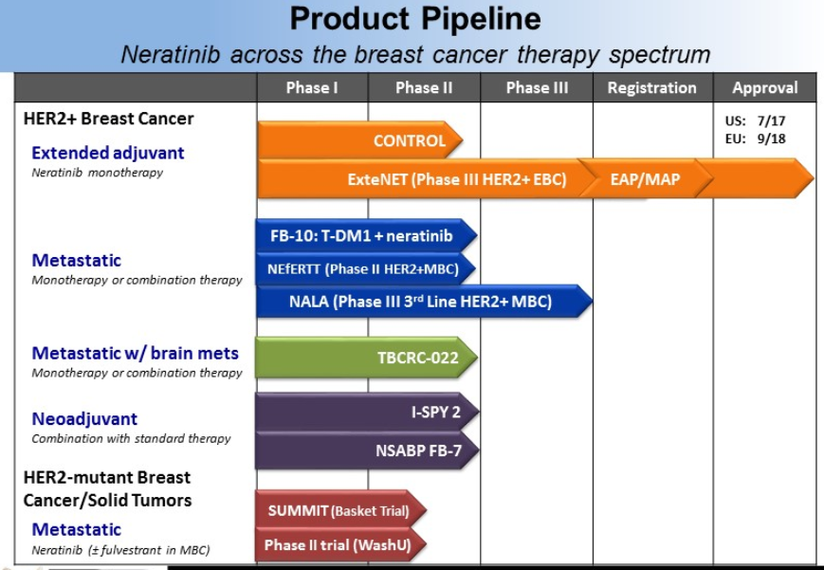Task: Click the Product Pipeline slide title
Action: pos(414,19)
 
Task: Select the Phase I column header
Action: pos(312,88)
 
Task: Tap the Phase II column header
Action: pos(423,88)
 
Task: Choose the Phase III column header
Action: pos(536,88)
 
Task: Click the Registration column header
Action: pos(651,88)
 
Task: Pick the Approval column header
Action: pos(764,88)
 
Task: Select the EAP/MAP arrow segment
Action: pos(645,179)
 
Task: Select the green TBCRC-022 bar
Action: pos(366,358)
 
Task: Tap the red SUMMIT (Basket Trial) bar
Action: pos(339,511)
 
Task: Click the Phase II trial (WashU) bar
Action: pos(339,545)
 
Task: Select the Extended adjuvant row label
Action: pos(107,153)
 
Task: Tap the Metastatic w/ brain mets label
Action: pos(135,353)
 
